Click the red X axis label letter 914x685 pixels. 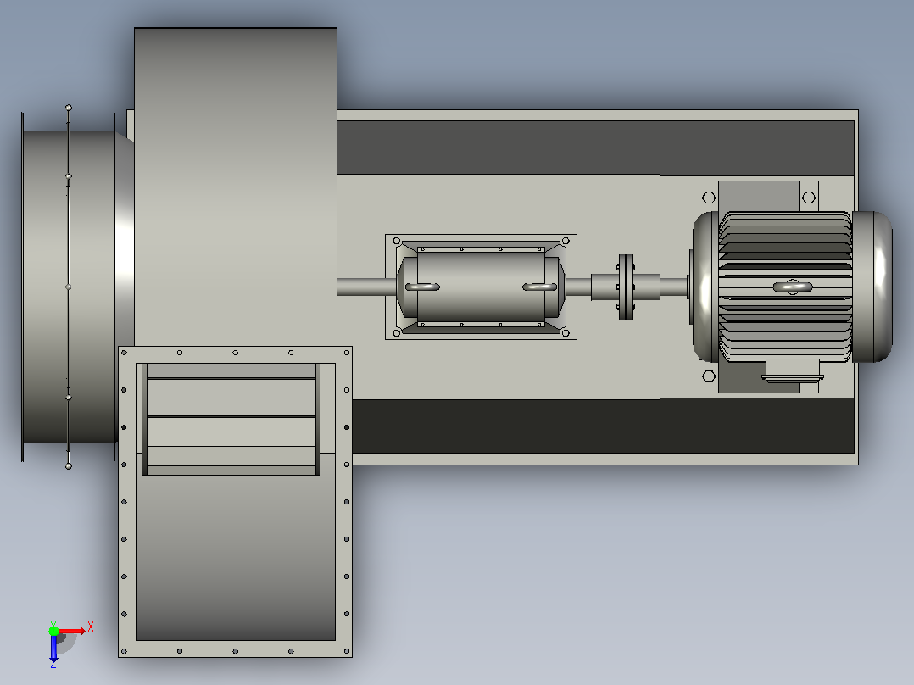[x=91, y=627]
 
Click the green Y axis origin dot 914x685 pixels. [x=53, y=631]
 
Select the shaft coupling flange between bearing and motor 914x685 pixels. [x=626, y=287]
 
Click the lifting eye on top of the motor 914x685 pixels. [x=793, y=287]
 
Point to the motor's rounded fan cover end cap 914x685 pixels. [x=872, y=287]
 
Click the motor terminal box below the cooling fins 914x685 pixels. [x=793, y=370]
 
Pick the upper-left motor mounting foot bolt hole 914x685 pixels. [x=709, y=198]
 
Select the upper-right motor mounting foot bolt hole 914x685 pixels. [x=809, y=198]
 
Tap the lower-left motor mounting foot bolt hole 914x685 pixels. [x=709, y=376]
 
